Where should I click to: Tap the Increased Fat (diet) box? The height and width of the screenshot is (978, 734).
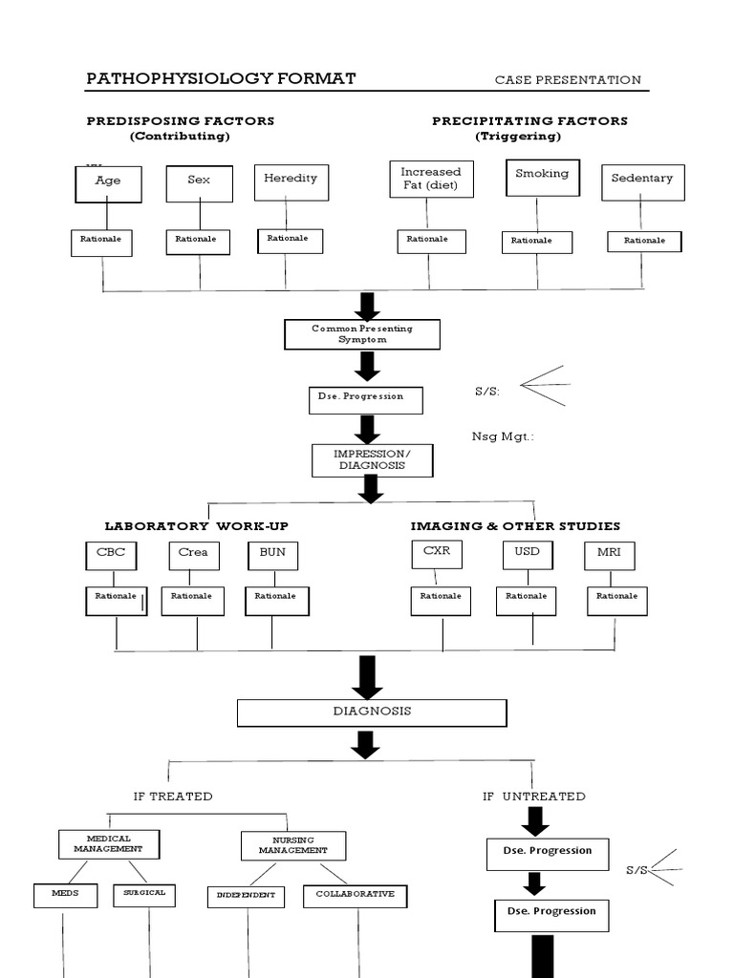coord(430,179)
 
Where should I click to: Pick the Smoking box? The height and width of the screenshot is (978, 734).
coord(542,177)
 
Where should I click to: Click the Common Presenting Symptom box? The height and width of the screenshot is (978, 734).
coord(362,334)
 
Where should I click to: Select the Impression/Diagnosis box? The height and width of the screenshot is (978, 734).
coord(372,460)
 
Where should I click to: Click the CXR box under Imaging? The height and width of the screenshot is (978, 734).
coord(437,554)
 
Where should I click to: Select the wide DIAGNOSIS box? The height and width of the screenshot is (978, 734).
coord(372,712)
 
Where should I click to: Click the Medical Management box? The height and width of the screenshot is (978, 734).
coord(108,844)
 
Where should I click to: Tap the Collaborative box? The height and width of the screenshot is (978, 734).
coord(355,896)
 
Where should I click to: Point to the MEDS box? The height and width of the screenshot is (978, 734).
coord(65,895)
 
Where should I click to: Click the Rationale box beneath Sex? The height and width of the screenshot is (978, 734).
coord(198,242)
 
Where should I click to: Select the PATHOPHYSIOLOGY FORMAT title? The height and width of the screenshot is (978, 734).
coord(221,78)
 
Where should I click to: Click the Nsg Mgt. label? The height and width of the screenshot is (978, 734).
coord(503,436)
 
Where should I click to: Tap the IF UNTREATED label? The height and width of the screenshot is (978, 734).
coord(534,796)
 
